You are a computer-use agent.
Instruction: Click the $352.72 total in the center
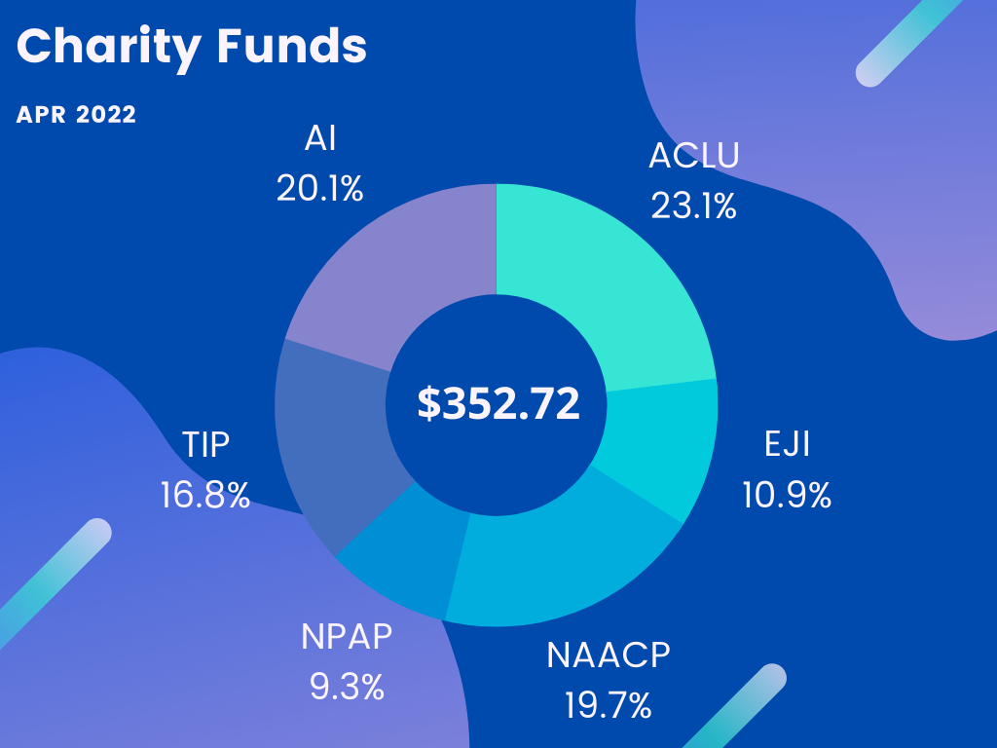(x=498, y=403)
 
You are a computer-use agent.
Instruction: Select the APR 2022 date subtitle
(x=76, y=115)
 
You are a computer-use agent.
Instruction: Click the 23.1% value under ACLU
(x=693, y=206)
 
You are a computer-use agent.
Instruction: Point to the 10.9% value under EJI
(x=787, y=496)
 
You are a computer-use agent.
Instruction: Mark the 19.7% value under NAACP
(x=608, y=705)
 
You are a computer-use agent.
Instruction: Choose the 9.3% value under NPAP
(x=347, y=688)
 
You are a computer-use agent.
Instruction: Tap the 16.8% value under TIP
(x=205, y=496)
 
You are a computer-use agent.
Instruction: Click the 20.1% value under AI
(x=319, y=189)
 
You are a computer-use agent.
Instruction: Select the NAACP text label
(x=609, y=655)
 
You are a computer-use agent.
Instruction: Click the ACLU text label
(x=693, y=156)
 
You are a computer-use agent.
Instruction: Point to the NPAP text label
(x=347, y=638)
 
